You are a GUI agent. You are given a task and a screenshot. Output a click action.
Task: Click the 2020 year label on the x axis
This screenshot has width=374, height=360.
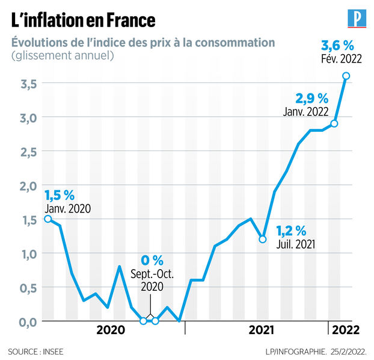pyautogui.click(x=111, y=330)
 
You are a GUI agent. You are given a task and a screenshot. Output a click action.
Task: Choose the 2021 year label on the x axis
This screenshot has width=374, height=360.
pyautogui.click(x=262, y=330)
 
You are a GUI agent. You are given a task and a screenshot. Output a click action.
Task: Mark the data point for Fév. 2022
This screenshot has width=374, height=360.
pyautogui.click(x=346, y=75)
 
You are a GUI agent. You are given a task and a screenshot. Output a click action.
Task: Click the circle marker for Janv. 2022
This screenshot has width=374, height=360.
pyautogui.click(x=334, y=123)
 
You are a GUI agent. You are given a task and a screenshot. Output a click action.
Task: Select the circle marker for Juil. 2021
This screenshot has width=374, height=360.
pyautogui.click(x=263, y=239)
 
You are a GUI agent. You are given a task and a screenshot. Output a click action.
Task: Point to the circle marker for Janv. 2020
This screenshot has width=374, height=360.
pyautogui.click(x=48, y=219)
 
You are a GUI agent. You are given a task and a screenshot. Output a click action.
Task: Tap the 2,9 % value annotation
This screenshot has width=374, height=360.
pyautogui.click(x=312, y=98)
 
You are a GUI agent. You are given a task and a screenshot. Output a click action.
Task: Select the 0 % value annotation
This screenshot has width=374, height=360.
pyautogui.click(x=152, y=260)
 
